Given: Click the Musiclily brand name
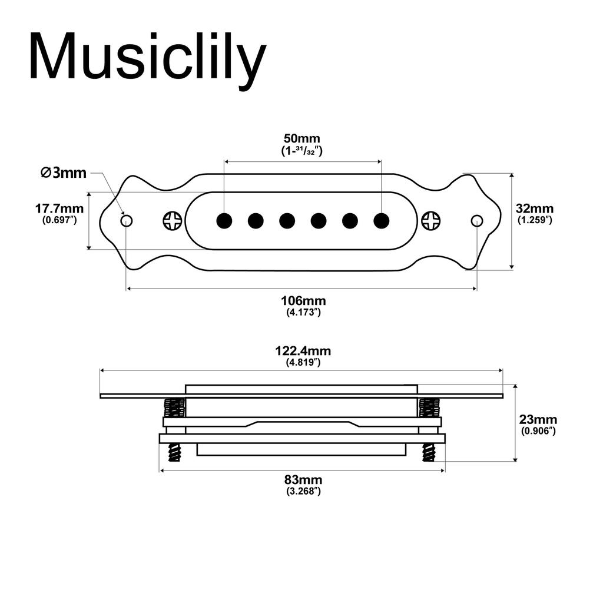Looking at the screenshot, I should click(147, 58).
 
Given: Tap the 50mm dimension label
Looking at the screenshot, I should click(303, 139).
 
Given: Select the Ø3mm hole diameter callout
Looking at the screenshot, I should click(64, 173).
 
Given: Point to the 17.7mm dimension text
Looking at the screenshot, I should click(59, 208).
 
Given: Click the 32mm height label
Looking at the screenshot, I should click(535, 208).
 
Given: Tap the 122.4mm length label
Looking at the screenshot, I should click(303, 351).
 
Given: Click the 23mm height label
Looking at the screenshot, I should click(538, 420).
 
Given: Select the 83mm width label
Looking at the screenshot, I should click(303, 481).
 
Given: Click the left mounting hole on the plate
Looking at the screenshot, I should click(127, 221).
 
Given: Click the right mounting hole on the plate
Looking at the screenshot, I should click(477, 221).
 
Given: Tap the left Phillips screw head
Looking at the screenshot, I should click(173, 221).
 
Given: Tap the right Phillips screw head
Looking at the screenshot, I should click(431, 221).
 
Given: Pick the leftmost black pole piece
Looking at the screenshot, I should click(224, 221).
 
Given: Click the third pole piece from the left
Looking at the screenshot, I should click(287, 221).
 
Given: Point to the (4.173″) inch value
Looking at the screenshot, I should click(303, 312).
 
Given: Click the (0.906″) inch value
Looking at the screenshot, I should click(538, 431).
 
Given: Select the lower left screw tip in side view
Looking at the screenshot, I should click(174, 453).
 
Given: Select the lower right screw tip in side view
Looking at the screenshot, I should click(429, 453).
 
